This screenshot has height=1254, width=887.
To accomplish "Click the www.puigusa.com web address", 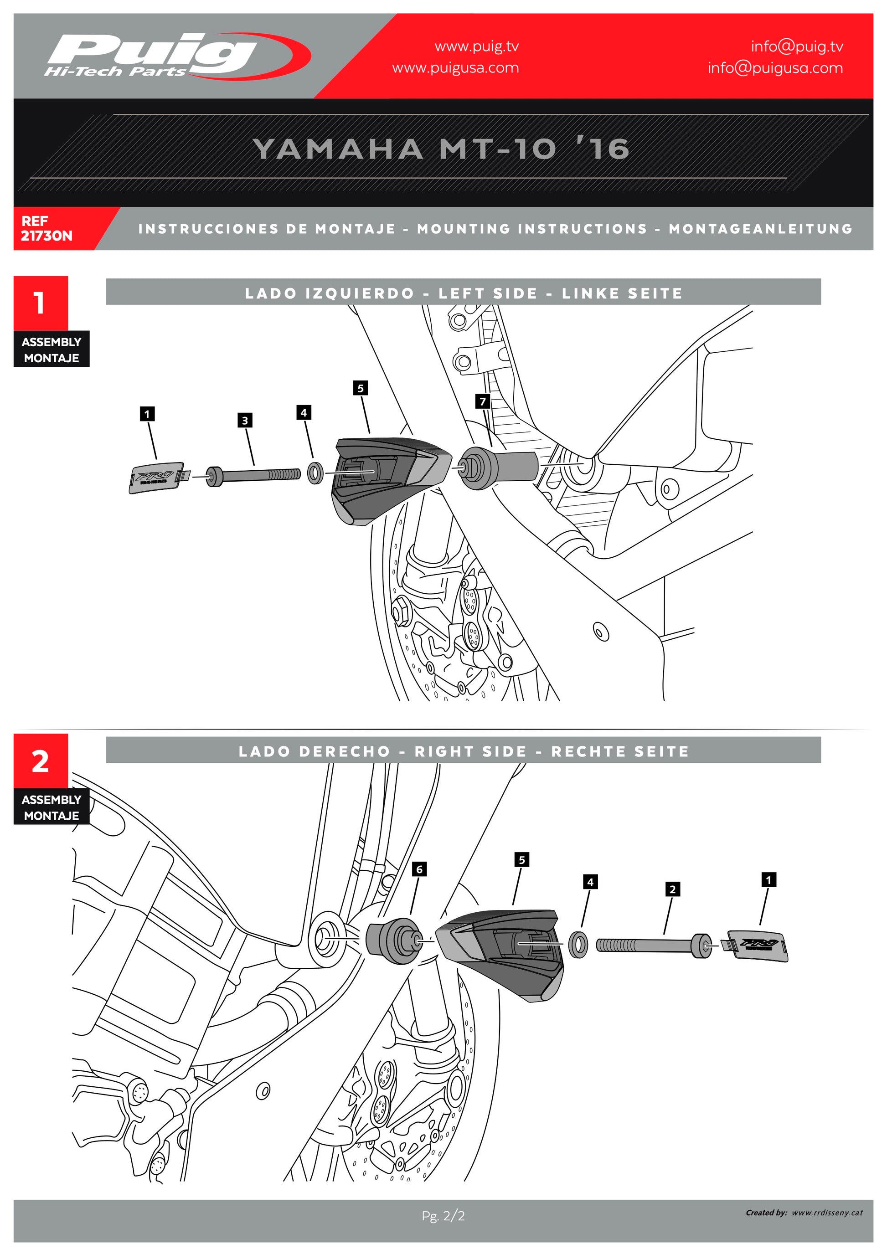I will [x=455, y=68].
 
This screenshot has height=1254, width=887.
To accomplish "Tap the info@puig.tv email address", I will [x=796, y=46].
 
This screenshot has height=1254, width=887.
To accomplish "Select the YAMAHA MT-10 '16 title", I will [x=441, y=149].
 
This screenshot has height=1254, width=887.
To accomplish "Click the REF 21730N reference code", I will [x=46, y=228].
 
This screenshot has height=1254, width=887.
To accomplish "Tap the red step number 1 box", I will [x=41, y=303].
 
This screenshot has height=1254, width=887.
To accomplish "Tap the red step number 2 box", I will [x=41, y=761].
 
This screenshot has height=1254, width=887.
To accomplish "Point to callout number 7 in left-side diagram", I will [x=482, y=401].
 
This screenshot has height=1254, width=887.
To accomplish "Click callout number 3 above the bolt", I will [x=245, y=420].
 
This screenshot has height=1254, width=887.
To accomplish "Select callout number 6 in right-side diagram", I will [x=419, y=869].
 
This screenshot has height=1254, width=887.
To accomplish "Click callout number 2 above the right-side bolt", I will [x=672, y=889].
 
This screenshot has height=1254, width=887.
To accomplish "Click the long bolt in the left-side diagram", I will [x=254, y=475].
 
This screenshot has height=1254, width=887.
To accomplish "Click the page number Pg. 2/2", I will [x=443, y=1216].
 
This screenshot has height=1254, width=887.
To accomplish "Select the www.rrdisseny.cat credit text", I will [x=826, y=1213].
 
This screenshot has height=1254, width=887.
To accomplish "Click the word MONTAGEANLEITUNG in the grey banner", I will [x=760, y=228].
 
